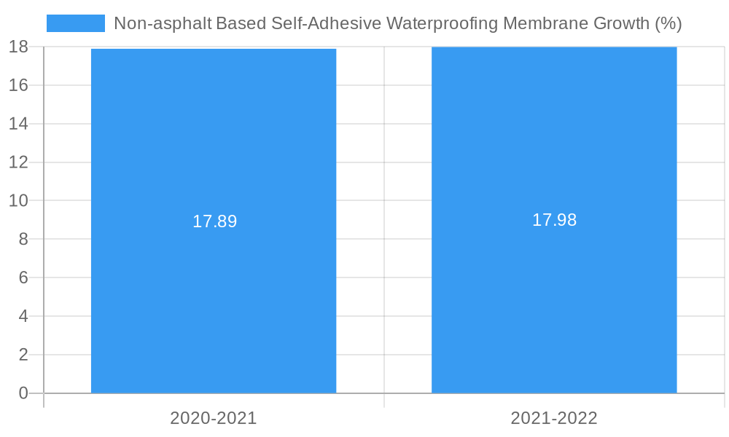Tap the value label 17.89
(214, 221)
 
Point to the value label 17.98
(554, 220)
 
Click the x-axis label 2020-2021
(214, 418)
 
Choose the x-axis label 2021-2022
(554, 418)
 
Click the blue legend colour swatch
(76, 23)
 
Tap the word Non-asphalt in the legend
(163, 23)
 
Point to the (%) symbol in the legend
(668, 23)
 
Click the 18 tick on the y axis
(18, 47)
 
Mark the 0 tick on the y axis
(23, 393)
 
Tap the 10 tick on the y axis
(18, 200)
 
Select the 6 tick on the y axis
(23, 277)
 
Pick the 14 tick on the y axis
(18, 124)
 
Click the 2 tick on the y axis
(23, 355)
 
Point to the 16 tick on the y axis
(18, 85)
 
